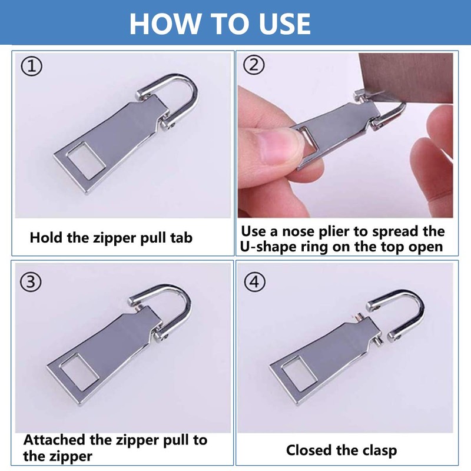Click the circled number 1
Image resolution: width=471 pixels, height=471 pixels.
[32, 66]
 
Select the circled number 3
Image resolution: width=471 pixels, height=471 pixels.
[32, 281]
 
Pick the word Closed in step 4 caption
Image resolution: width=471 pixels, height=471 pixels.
[310, 451]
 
